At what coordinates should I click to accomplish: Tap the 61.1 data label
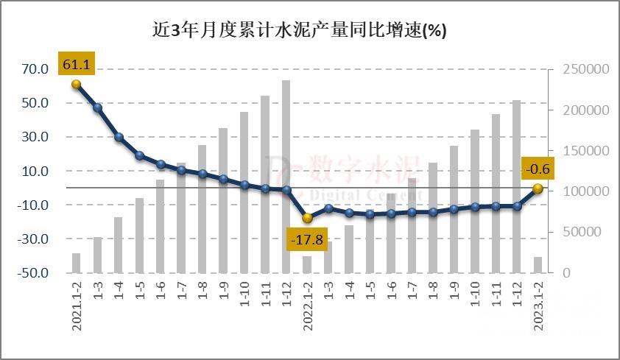76,65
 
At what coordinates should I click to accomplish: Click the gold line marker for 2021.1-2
76,84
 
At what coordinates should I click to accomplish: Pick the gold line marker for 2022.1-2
307,218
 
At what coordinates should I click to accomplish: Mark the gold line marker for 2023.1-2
538,188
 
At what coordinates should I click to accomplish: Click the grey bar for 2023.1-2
538,265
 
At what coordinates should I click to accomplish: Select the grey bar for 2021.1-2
76,263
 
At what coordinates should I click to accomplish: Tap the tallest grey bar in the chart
286,177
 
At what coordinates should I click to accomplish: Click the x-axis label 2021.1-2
77,303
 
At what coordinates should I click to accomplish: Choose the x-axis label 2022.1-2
308,303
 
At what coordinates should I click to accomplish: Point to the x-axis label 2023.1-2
538,303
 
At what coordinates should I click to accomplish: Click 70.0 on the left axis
35,69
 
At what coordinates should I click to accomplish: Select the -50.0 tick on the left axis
33,273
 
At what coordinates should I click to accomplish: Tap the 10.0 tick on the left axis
35,172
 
